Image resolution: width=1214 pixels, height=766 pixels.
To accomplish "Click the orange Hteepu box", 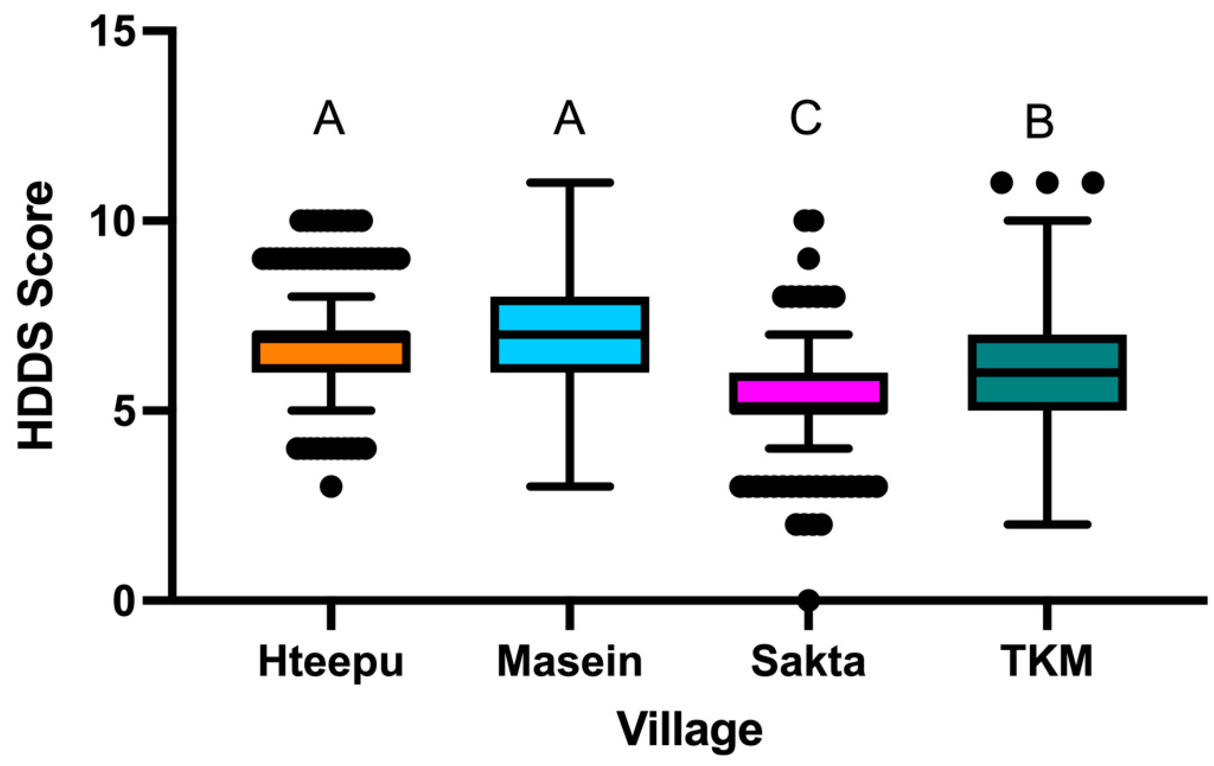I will point(331,352).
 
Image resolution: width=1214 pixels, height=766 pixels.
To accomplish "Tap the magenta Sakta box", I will point(808,392).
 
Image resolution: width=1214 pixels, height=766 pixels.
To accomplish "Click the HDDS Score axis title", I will point(35,315).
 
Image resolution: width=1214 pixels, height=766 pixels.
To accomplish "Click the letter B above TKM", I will point(1039,122).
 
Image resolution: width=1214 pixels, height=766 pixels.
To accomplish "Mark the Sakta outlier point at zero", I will point(808,599).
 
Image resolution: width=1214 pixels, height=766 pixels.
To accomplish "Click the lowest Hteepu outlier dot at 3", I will point(331,486).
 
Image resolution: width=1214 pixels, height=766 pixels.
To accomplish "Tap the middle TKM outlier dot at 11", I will point(1047,182).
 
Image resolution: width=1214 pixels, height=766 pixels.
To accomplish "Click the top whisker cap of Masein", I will point(570,182).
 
